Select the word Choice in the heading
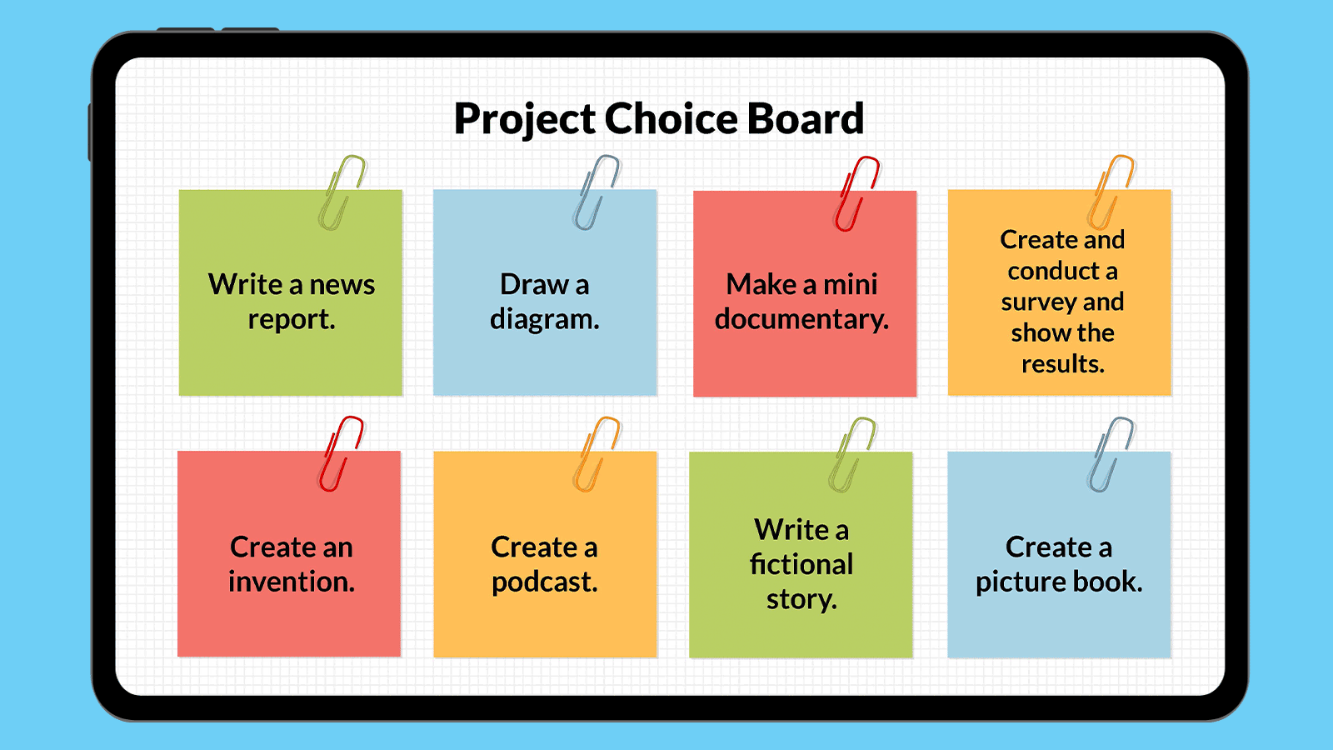pyautogui.click(x=671, y=118)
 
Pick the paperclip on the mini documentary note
pyautogui.click(x=856, y=194)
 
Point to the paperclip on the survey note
pyautogui.click(x=1111, y=192)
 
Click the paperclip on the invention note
pyautogui.click(x=341, y=454)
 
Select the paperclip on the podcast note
pyautogui.click(x=597, y=455)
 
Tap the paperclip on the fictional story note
pyautogui.click(x=851, y=455)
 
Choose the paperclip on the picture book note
pyautogui.click(x=1111, y=455)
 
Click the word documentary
pyautogui.click(x=801, y=319)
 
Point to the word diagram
pyautogui.click(x=544, y=319)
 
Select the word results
pyautogui.click(x=1062, y=364)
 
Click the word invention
pyautogui.click(x=291, y=582)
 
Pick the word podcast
pyautogui.click(x=544, y=582)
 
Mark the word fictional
pyautogui.click(x=801, y=565)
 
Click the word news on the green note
pyautogui.click(x=342, y=285)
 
